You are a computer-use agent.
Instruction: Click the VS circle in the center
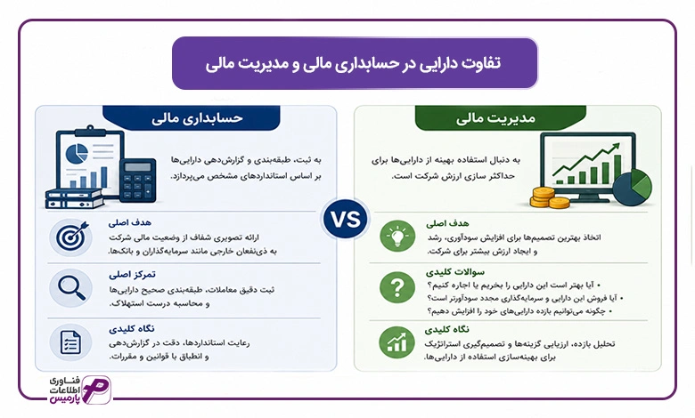point(346,220)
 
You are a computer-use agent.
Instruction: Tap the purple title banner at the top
point(355,63)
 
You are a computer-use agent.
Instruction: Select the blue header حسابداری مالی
point(192,118)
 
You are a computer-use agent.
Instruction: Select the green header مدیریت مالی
point(501,118)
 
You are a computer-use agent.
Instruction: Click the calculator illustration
point(137,181)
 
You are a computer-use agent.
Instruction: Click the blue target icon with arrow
point(71,237)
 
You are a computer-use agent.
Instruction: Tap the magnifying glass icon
point(71,288)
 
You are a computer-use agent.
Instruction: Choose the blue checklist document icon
point(70,342)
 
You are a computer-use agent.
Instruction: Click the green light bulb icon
point(397,236)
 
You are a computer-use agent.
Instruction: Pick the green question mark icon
point(397,287)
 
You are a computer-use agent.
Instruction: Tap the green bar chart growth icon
point(397,342)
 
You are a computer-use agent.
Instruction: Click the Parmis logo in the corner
point(81,390)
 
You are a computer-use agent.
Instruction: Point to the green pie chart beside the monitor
point(633,187)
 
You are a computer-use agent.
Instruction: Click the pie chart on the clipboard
point(77,154)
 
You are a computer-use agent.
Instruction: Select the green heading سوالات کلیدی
point(455,271)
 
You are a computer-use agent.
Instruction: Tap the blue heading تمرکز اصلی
point(132,275)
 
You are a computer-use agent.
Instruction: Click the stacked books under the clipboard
point(74,198)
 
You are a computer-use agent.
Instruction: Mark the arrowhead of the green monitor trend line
point(616,147)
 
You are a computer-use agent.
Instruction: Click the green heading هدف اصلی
point(447,223)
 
